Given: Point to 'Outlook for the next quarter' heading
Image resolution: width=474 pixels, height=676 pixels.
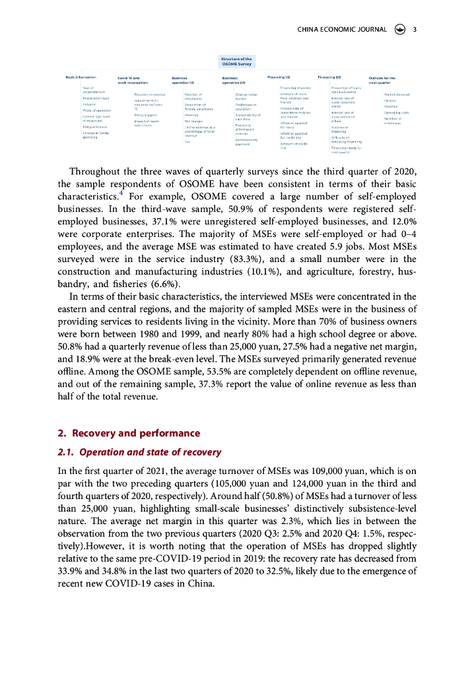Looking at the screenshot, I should (x=383, y=80).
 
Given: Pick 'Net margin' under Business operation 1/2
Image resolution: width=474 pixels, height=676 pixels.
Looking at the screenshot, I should (x=193, y=121).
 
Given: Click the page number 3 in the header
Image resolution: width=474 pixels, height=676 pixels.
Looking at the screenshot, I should (x=414, y=29).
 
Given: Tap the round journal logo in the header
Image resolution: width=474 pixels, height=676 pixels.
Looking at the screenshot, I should (x=399, y=29).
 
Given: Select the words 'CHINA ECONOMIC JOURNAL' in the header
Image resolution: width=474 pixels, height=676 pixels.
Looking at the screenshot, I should (x=342, y=29).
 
